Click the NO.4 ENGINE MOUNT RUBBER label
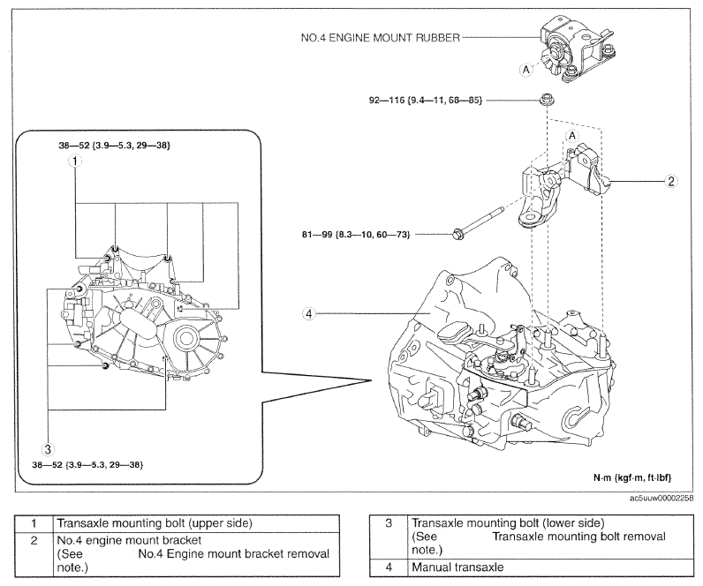pyautogui.click(x=381, y=38)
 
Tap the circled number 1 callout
pyautogui.click(x=75, y=161)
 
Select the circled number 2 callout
pyautogui.click(x=670, y=181)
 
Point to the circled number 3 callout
pyautogui.click(x=48, y=449)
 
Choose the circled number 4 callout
pyautogui.click(x=308, y=313)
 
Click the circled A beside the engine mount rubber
pyautogui.click(x=526, y=70)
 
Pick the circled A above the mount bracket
pyautogui.click(x=572, y=135)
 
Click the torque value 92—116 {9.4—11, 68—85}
pyautogui.click(x=426, y=101)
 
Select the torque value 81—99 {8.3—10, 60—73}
pyautogui.click(x=356, y=234)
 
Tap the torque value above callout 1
pyautogui.click(x=114, y=145)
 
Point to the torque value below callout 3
pyautogui.click(x=88, y=465)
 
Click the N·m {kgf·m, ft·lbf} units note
pyautogui.click(x=632, y=477)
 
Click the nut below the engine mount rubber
pyautogui.click(x=546, y=99)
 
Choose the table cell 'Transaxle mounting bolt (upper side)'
pyautogui.click(x=197, y=523)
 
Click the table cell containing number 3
pyautogui.click(x=389, y=537)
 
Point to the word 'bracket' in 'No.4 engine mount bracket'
pyautogui.click(x=182, y=540)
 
